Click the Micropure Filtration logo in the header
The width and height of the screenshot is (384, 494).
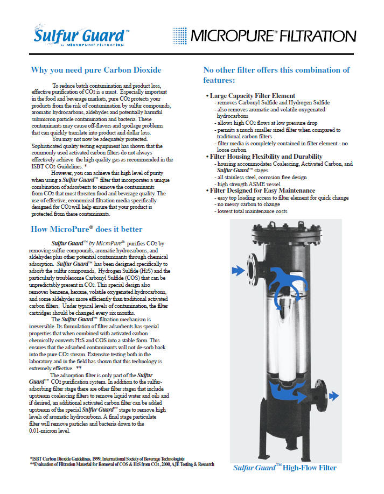point(263,36)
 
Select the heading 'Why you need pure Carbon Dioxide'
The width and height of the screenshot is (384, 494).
point(96,70)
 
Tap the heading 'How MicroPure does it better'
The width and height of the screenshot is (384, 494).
point(87,229)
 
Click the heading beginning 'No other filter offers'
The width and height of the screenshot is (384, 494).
point(276,75)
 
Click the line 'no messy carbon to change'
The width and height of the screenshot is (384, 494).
point(248,204)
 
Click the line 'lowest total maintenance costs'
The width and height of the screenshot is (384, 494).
point(252,211)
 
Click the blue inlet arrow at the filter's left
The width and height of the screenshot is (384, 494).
point(238,269)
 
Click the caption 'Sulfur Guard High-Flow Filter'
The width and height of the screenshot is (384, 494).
point(284,468)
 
